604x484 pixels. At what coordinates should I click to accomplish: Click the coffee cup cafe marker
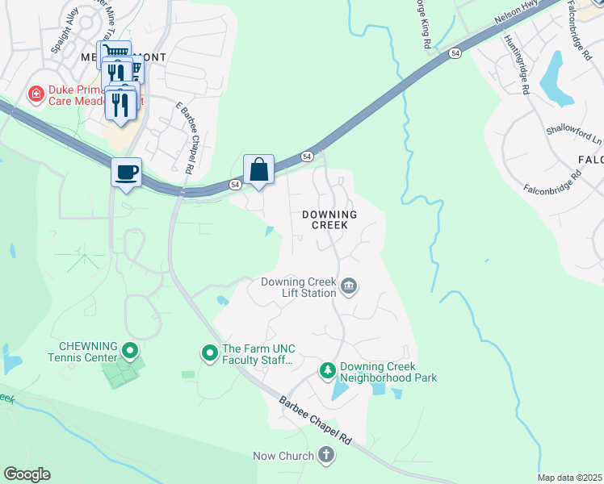coord(126,173)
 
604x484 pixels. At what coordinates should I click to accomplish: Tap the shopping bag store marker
coord(258,169)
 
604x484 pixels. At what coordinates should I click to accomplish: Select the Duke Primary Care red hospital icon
coord(36,95)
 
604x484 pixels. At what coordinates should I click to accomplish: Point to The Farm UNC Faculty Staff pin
coord(209,353)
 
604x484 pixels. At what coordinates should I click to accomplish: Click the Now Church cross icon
coord(326,457)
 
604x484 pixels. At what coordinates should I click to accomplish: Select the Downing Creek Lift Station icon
coord(350,286)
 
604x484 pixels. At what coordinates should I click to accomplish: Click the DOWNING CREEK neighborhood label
coord(336,220)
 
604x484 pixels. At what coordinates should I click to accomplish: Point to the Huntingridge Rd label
coord(514,65)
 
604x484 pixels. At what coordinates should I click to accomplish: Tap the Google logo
coord(27,474)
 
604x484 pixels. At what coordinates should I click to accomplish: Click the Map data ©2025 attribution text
coord(568,478)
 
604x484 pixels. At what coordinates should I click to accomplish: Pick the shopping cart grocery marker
coord(116,52)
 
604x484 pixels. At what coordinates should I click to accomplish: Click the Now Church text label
coord(283,457)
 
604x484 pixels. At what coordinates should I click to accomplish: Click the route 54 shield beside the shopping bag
coord(235,185)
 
